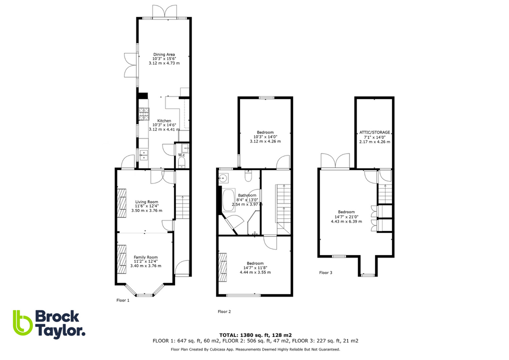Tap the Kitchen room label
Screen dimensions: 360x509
[164, 120]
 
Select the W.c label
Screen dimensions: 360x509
[181, 155]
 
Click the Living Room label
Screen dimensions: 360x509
[146, 201]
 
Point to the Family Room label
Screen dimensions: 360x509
[145, 257]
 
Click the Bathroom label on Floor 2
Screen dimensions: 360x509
[247, 195]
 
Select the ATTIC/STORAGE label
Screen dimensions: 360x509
[374, 132]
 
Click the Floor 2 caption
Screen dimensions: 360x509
[224, 311]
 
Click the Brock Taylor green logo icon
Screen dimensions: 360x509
[22, 322]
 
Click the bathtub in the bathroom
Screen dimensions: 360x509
[229, 200]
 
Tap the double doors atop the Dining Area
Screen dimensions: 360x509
[164, 11]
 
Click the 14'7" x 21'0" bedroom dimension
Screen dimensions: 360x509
[344, 217]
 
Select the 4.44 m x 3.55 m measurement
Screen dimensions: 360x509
[255, 272]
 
